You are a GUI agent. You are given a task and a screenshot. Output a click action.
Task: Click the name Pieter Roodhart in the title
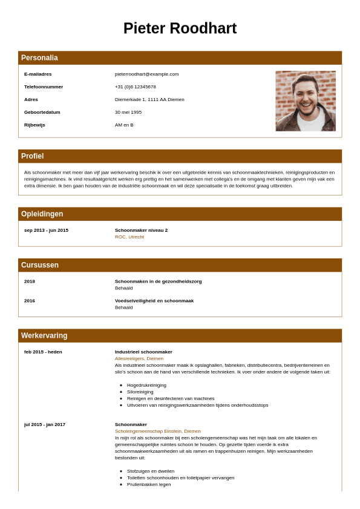[x=180, y=28]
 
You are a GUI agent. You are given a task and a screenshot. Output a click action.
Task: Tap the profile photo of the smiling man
[x=306, y=101]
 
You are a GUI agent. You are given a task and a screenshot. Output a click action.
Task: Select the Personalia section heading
[x=39, y=58]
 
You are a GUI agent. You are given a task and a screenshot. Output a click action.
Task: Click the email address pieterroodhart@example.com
[x=146, y=74]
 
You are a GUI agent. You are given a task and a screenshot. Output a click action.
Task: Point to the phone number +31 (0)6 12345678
[x=136, y=87]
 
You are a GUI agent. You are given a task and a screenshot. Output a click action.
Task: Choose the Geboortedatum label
[x=42, y=113]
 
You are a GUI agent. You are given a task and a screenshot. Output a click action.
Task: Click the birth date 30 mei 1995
[x=128, y=113]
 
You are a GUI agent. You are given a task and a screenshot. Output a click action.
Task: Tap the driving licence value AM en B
[x=124, y=125]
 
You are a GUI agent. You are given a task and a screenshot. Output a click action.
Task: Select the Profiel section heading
[x=32, y=156]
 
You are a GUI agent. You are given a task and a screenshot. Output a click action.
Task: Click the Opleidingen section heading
[x=42, y=214]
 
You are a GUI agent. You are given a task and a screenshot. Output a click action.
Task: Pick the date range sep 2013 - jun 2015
[x=46, y=231]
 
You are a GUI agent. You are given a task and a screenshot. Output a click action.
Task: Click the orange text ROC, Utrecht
[x=129, y=237]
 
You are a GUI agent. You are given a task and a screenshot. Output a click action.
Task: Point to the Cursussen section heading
[x=40, y=265]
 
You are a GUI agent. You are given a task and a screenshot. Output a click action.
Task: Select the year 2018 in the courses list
[x=30, y=281]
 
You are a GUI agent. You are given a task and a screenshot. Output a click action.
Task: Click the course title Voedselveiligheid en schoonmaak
[x=154, y=301]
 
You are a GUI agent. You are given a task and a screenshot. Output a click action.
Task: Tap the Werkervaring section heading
[x=44, y=336]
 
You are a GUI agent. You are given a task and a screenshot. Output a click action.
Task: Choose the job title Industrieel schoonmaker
[x=143, y=352]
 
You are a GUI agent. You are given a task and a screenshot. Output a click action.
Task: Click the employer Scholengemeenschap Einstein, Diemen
[x=158, y=432]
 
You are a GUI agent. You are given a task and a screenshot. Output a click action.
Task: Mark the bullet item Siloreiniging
[x=140, y=392]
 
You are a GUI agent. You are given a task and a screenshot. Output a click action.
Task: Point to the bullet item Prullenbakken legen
[x=149, y=485]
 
